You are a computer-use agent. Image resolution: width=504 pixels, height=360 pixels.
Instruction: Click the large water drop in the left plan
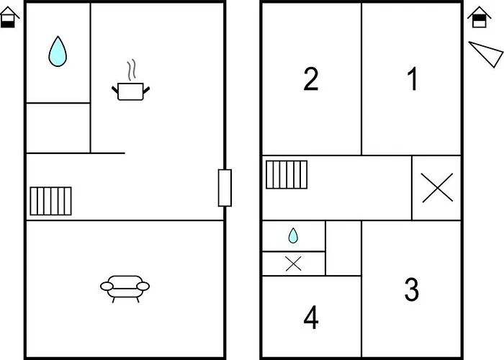point(58,51)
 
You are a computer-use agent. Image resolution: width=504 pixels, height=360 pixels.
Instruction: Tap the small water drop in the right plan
point(293,235)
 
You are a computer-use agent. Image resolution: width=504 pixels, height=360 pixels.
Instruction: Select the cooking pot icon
point(130,91)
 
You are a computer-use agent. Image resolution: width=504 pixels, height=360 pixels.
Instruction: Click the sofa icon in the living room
point(125,289)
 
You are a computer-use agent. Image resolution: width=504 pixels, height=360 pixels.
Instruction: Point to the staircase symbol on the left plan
point(51,201)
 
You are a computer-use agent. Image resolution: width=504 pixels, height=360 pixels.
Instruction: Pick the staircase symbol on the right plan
point(287,174)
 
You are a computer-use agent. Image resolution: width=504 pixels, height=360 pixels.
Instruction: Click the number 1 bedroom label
point(413,78)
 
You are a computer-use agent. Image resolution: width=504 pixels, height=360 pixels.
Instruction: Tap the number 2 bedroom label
point(311,78)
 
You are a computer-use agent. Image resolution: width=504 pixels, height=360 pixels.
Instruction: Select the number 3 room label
point(412,289)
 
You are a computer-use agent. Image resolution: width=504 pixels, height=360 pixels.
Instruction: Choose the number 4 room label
point(311,318)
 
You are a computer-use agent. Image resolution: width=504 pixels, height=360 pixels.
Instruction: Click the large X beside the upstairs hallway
point(437,188)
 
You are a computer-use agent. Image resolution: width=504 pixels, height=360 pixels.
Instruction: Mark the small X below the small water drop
point(294,264)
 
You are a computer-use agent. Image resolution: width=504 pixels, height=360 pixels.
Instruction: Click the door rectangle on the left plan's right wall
point(225,188)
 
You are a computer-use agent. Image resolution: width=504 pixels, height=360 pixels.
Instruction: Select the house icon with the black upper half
point(480,17)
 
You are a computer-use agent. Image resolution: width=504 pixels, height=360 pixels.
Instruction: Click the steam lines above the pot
point(131,70)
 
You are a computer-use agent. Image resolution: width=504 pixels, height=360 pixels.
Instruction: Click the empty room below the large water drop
point(58,128)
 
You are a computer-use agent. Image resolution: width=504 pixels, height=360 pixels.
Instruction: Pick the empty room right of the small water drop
point(343,248)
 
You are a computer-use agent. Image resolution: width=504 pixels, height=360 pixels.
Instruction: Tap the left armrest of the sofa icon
point(107,286)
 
